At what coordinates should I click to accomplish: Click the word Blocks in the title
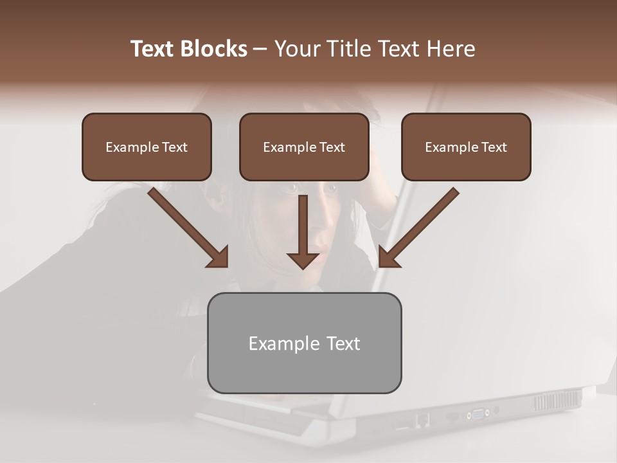pos(215,49)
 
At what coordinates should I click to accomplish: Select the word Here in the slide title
pos(451,49)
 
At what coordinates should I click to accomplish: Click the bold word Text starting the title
pos(154,49)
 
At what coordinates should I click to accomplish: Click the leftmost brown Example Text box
pos(147,147)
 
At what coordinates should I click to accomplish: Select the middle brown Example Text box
pos(304,147)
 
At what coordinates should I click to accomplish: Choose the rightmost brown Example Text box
pos(466,147)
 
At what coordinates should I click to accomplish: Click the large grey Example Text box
pos(304,343)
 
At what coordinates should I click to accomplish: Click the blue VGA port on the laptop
pos(478,413)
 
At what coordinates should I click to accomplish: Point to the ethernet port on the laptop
pos(422,419)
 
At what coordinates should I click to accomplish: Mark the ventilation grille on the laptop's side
pos(557,401)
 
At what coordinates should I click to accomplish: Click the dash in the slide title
pos(260,49)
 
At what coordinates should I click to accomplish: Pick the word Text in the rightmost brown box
pos(494,147)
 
